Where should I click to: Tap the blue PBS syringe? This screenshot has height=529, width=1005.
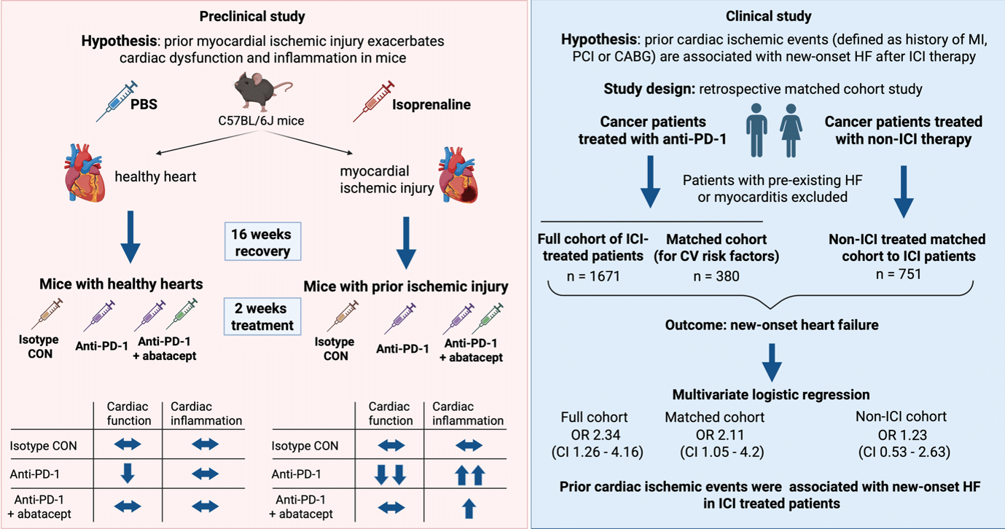pyautogui.click(x=117, y=101)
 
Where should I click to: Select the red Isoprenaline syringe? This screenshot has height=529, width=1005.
pyautogui.click(x=373, y=101)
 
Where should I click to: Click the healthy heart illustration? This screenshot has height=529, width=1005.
pyautogui.click(x=85, y=173)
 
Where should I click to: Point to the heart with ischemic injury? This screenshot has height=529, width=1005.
pyautogui.click(x=458, y=175)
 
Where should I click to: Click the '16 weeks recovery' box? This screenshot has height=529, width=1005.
pyautogui.click(x=262, y=241)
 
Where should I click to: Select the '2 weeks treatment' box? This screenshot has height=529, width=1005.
pyautogui.click(x=262, y=316)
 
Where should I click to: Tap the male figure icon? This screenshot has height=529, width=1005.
pyautogui.click(x=756, y=130)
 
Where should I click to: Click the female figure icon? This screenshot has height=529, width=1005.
pyautogui.click(x=791, y=130)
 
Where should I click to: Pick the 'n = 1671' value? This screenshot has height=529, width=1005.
pyautogui.click(x=593, y=276)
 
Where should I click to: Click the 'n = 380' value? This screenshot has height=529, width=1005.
pyautogui.click(x=716, y=276)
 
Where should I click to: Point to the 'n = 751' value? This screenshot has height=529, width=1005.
pyautogui.click(x=898, y=274)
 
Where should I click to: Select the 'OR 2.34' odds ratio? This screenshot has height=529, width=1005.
pyautogui.click(x=595, y=435)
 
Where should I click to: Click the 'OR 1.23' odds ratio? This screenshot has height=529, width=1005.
pyautogui.click(x=902, y=435)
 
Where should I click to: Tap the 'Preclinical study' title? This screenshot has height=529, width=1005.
pyautogui.click(x=252, y=17)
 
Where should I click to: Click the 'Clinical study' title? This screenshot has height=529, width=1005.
pyautogui.click(x=769, y=17)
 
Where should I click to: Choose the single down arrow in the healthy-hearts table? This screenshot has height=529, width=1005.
pyautogui.click(x=128, y=474)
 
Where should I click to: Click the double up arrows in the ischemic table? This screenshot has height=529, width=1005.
pyautogui.click(x=470, y=475)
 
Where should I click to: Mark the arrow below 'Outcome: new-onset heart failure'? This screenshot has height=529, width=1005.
pyautogui.click(x=772, y=363)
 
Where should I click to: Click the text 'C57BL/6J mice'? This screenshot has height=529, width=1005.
pyautogui.click(x=261, y=121)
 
